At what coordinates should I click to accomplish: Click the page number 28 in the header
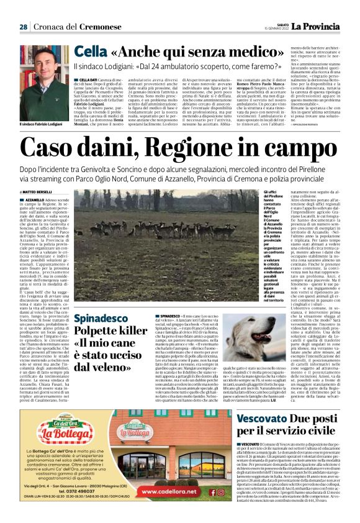coord(24,27)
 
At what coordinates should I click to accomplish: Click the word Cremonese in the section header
coord(81,27)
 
